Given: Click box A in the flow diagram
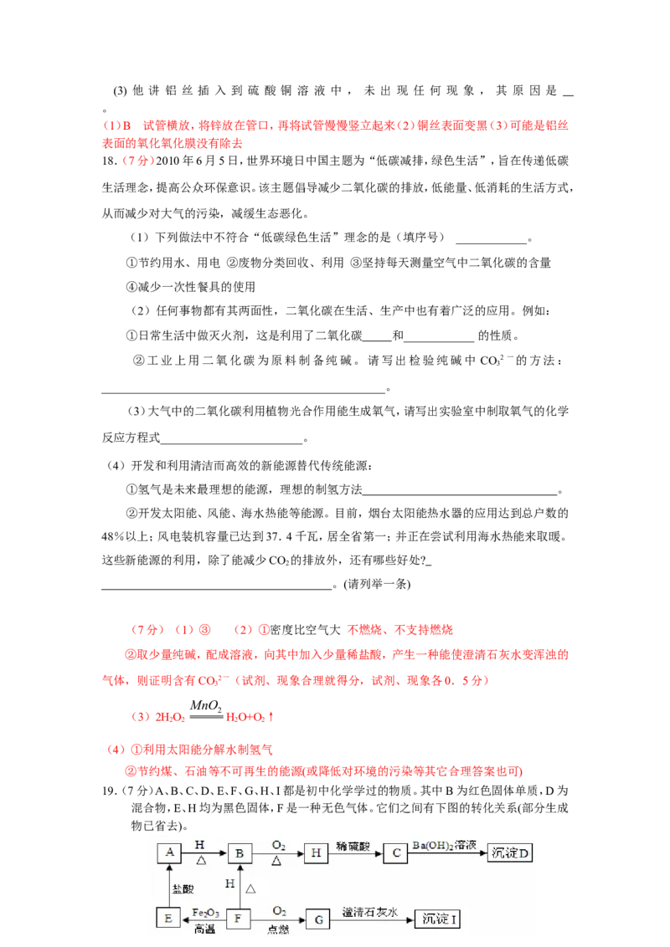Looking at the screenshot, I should [169, 852].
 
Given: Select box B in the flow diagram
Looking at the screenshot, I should [240, 852].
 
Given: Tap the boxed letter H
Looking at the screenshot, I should [317, 852].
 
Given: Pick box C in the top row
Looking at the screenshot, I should [394, 852].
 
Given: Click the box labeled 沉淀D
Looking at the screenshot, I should [510, 852].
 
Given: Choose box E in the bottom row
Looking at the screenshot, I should [169, 918].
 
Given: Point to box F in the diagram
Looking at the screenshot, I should [240, 918].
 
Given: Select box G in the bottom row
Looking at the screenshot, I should [317, 918].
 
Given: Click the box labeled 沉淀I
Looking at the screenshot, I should [438, 918].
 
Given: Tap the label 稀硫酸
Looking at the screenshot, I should [355, 845].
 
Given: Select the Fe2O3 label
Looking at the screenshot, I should [204, 910].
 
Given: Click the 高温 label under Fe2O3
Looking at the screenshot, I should [204, 928].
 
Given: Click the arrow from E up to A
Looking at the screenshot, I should [169, 885].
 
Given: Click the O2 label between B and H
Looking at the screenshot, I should [277, 843].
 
